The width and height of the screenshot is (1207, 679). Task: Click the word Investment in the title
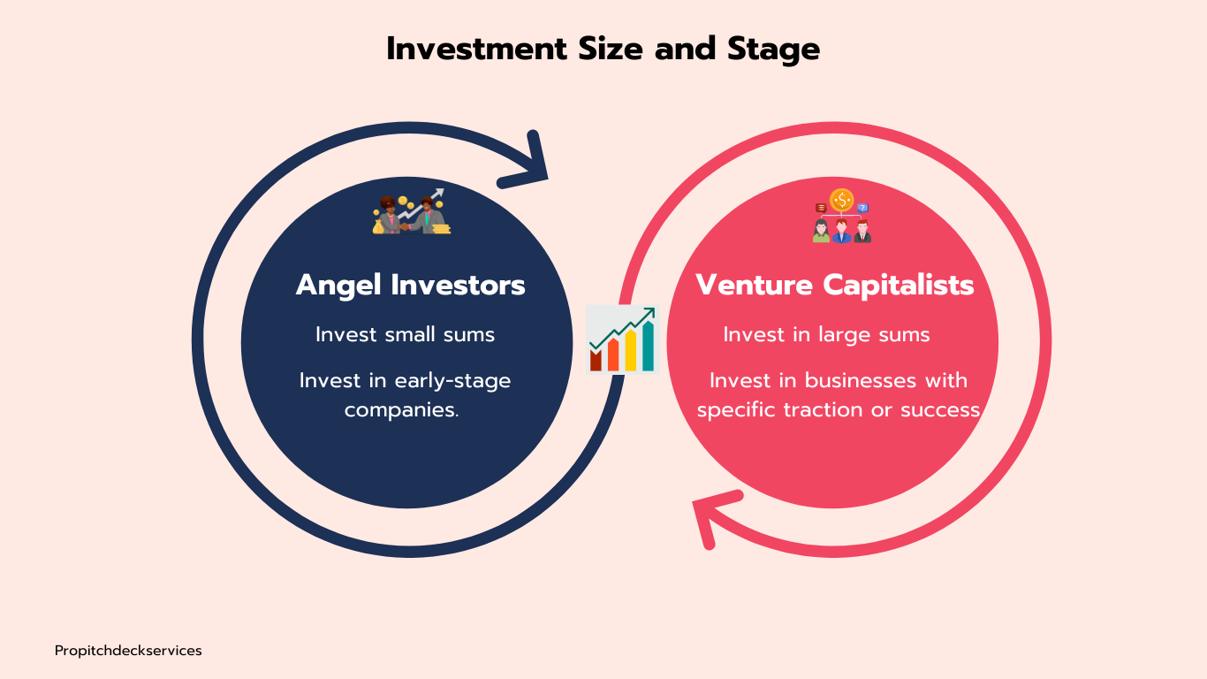477,49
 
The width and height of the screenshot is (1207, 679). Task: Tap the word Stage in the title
773,50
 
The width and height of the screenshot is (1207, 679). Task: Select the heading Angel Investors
411,285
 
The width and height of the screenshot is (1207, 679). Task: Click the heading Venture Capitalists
835,285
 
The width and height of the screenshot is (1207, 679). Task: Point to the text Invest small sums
406,334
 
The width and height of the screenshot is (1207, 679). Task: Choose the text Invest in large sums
826,334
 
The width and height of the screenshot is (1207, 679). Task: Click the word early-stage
452,381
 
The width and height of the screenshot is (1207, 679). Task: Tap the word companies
402,410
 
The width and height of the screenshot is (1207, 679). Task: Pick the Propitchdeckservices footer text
128,651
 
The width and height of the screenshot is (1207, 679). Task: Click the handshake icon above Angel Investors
412,211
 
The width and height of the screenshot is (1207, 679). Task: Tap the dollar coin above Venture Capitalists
842,200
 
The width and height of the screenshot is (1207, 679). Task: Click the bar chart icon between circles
623,339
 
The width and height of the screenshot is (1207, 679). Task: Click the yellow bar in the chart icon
630,351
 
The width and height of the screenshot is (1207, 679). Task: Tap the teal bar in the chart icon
649,347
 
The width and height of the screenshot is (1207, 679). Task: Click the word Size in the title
611,49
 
